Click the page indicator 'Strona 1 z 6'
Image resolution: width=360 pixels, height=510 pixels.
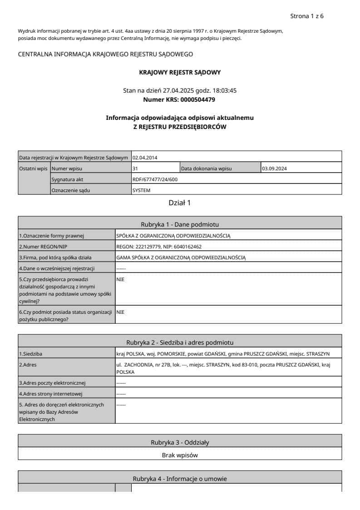[306, 16]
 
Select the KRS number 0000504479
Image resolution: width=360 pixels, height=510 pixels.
[197, 99]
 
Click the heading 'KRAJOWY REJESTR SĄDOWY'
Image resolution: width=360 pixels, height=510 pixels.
[180, 72]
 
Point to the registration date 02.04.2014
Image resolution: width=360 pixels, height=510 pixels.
[145, 158]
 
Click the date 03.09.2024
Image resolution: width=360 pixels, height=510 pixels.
[275, 169]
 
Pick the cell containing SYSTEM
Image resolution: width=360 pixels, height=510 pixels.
[141, 191]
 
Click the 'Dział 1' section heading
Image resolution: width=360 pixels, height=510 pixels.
[180, 203]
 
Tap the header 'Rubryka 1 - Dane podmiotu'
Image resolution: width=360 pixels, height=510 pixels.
[180, 224]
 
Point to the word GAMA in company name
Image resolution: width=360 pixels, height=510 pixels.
[123, 258]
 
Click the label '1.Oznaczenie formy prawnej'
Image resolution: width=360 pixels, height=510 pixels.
[52, 236]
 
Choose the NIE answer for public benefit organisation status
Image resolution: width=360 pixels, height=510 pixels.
[120, 312]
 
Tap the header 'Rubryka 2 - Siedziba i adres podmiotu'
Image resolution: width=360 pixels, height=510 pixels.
[180, 342]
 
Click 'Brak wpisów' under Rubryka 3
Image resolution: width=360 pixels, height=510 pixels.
[180, 455]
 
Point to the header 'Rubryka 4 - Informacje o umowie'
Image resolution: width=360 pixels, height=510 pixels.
[180, 479]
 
